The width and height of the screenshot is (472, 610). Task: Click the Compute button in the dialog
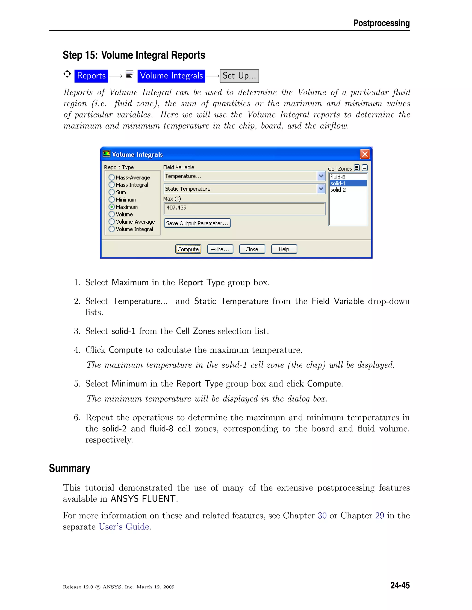coord(188,249)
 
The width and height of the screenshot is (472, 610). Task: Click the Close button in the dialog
coord(252,249)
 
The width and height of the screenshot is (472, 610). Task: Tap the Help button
coord(284,249)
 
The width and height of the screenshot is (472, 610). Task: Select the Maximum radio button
coord(112,207)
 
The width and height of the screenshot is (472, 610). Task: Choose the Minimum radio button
coord(112,199)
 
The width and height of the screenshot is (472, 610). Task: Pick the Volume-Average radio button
coord(112,222)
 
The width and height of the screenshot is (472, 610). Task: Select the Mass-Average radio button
coord(112,177)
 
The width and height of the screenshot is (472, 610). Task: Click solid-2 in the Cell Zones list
coord(338,190)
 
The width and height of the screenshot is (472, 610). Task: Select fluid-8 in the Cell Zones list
coord(338,177)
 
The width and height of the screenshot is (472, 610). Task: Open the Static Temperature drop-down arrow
coord(321,189)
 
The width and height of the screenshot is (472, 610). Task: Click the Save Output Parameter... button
coord(197,223)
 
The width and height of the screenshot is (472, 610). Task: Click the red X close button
coord(365,154)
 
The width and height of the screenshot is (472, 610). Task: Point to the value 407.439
coord(177,208)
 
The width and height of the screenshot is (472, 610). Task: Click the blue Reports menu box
coord(91,76)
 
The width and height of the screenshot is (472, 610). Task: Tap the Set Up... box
coord(239,76)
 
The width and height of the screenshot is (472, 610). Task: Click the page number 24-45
coord(400,585)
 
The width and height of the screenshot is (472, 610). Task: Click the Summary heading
coord(70,468)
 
